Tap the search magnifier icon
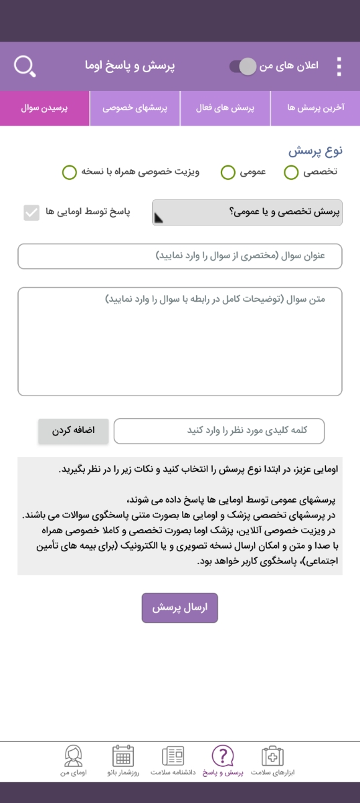click(24, 66)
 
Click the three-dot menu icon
click(339, 66)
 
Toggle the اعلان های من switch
click(243, 66)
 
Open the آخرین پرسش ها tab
click(315, 108)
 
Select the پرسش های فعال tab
click(226, 108)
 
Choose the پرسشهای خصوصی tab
click(135, 108)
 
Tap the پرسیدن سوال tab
click(45, 108)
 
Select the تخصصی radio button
click(291, 173)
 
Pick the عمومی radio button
click(228, 173)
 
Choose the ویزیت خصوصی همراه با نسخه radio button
click(70, 173)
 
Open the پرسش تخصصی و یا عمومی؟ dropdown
click(247, 213)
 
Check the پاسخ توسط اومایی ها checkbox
click(31, 213)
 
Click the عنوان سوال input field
click(180, 256)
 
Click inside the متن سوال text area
click(180, 341)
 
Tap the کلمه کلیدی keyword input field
click(219, 431)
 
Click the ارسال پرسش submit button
click(179, 608)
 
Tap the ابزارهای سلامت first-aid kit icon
click(272, 757)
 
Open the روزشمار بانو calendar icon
click(122, 757)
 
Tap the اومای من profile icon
click(73, 757)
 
